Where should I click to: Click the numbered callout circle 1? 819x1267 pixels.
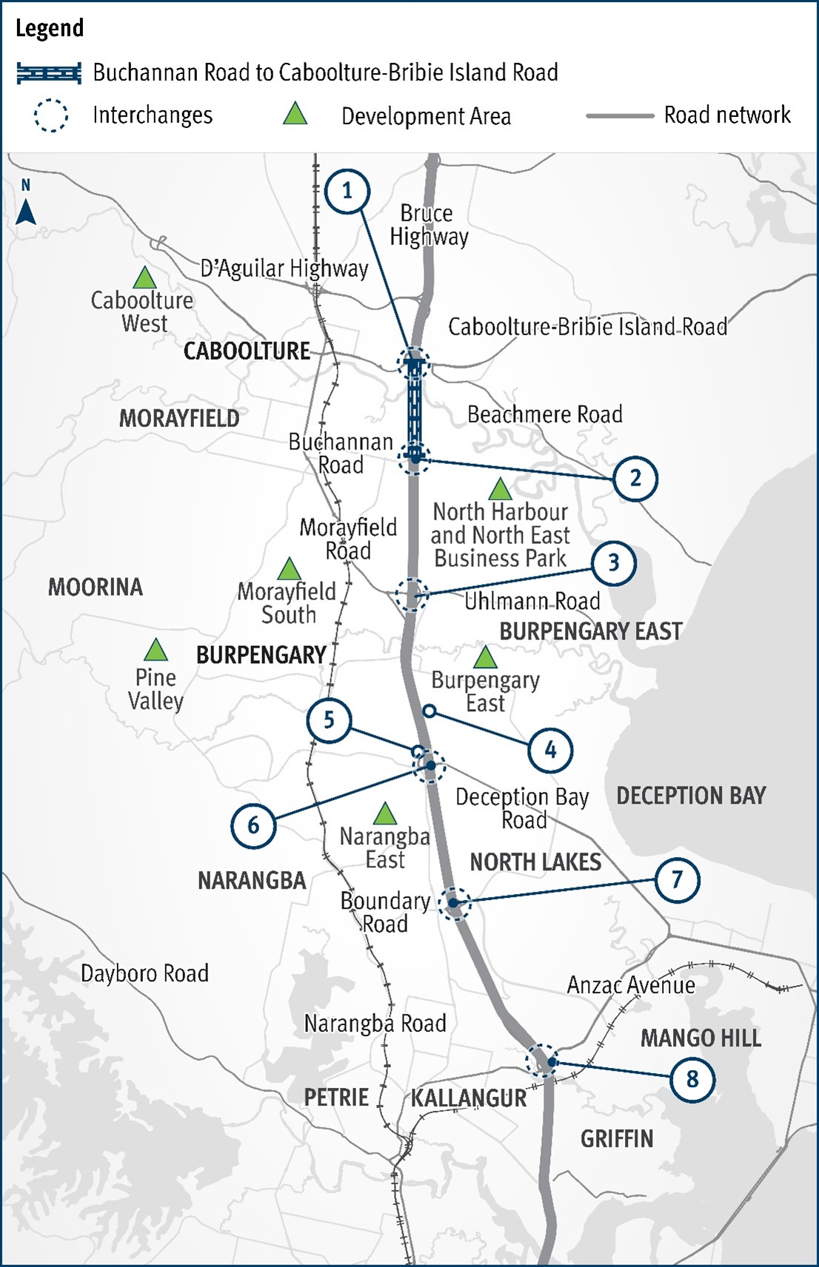coord(347,192)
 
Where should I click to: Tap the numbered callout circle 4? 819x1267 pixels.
coord(550,750)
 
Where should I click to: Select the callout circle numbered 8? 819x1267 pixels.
coord(692,1079)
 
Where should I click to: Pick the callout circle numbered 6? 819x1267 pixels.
coord(253,825)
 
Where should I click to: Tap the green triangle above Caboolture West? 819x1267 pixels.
coord(144,278)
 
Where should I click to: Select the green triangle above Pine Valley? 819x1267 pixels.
coord(156,651)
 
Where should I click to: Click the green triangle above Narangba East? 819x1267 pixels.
coord(384,814)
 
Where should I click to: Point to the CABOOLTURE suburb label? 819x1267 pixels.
coord(247,351)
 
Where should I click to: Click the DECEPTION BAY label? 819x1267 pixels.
coord(690,796)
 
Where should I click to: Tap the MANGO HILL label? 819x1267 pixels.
coord(701,1038)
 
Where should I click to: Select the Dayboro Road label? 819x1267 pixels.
coord(144,973)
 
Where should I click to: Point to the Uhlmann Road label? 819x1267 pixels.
coord(532,601)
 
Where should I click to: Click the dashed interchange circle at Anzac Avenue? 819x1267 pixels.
coord(542,1061)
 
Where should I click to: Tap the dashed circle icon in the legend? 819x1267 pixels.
coord(51,116)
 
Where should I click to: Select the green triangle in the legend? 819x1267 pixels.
coord(295,115)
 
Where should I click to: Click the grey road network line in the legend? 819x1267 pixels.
coord(620,116)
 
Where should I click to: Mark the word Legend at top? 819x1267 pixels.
coord(50,28)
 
